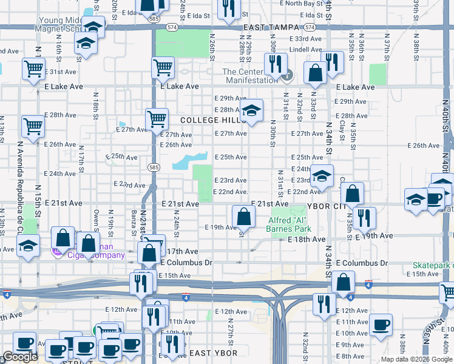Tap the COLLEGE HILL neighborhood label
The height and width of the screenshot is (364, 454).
click(x=212, y=121)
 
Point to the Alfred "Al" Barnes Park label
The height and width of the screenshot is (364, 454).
click(x=288, y=224)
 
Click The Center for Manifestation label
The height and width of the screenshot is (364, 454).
click(x=249, y=76)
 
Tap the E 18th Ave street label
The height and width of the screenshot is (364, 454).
click(x=307, y=240)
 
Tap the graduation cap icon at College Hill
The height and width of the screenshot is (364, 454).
click(x=250, y=111)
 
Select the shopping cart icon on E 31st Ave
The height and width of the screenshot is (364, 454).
click(x=33, y=68)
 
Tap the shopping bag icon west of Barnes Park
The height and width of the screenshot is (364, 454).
click(x=243, y=215)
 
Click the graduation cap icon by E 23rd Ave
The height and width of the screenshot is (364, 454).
click(x=322, y=176)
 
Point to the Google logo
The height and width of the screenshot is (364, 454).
click(x=20, y=357)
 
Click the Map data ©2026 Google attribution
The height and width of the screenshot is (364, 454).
click(x=416, y=359)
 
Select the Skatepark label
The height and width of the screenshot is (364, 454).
click(x=433, y=265)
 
